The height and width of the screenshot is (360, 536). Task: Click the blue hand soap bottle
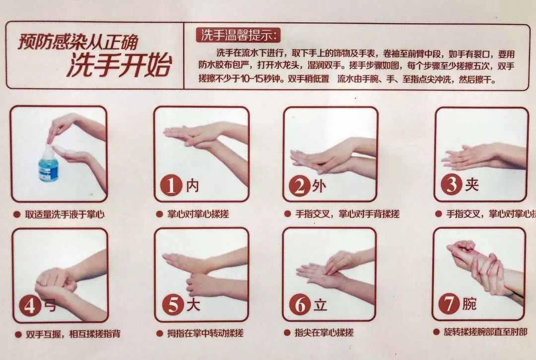pyautogui.click(x=49, y=164)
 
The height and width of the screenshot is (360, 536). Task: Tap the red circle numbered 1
pyautogui.click(x=171, y=186)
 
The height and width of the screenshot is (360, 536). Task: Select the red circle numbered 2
pyautogui.click(x=299, y=186)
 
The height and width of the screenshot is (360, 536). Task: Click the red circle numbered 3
pyautogui.click(x=451, y=185)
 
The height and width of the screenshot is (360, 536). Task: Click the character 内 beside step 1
pyautogui.click(x=193, y=186)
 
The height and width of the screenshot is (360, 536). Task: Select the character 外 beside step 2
pyautogui.click(x=319, y=186)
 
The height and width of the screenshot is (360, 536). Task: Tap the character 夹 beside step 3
pyautogui.click(x=471, y=185)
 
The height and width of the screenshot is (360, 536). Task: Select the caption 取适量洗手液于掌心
pyautogui.click(x=66, y=215)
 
